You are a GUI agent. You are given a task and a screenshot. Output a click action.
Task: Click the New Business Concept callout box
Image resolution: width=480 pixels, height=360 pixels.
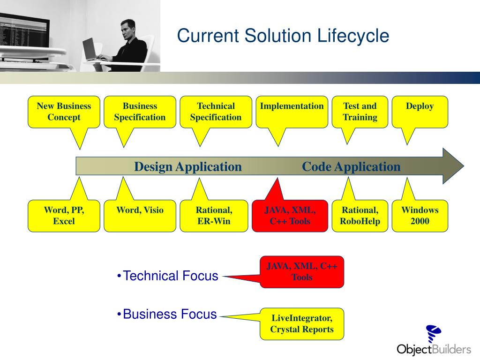click(x=64, y=112)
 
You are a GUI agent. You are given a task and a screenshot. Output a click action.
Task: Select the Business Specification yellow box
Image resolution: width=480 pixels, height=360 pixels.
click(x=140, y=112)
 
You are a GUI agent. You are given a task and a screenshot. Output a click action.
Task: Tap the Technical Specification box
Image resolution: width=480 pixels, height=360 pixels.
click(x=216, y=112)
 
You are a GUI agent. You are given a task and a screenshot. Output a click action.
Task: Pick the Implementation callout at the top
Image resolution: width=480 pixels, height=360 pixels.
click(x=292, y=112)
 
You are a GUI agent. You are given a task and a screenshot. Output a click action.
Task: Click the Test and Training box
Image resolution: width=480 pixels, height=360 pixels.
click(x=360, y=112)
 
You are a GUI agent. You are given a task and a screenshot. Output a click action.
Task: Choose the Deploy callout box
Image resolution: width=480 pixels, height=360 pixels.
click(x=420, y=112)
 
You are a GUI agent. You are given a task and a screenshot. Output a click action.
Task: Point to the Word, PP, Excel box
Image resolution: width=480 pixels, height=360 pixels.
click(x=64, y=216)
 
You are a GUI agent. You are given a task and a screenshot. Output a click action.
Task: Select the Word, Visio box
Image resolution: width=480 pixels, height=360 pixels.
click(x=140, y=216)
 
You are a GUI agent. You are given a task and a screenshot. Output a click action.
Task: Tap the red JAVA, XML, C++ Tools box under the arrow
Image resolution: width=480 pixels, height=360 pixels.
click(x=290, y=216)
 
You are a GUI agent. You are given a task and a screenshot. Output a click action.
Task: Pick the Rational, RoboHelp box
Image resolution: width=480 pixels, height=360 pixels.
click(x=360, y=216)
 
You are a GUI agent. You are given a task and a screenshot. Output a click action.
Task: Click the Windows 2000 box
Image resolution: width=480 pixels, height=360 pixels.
click(x=420, y=216)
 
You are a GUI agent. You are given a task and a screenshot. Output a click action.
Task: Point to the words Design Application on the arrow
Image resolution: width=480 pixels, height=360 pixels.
click(x=188, y=167)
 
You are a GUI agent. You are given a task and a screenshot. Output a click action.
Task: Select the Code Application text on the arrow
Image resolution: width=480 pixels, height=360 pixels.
click(x=351, y=167)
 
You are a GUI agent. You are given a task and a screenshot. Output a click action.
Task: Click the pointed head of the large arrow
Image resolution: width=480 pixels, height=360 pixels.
click(x=453, y=166)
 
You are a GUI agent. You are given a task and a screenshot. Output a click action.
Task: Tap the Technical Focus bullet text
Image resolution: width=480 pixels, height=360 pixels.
click(x=170, y=276)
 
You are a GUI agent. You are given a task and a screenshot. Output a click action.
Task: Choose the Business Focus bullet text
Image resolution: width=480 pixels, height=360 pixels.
click(x=169, y=314)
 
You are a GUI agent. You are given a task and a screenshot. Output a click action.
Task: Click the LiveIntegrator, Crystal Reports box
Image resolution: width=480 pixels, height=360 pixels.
click(x=302, y=324)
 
